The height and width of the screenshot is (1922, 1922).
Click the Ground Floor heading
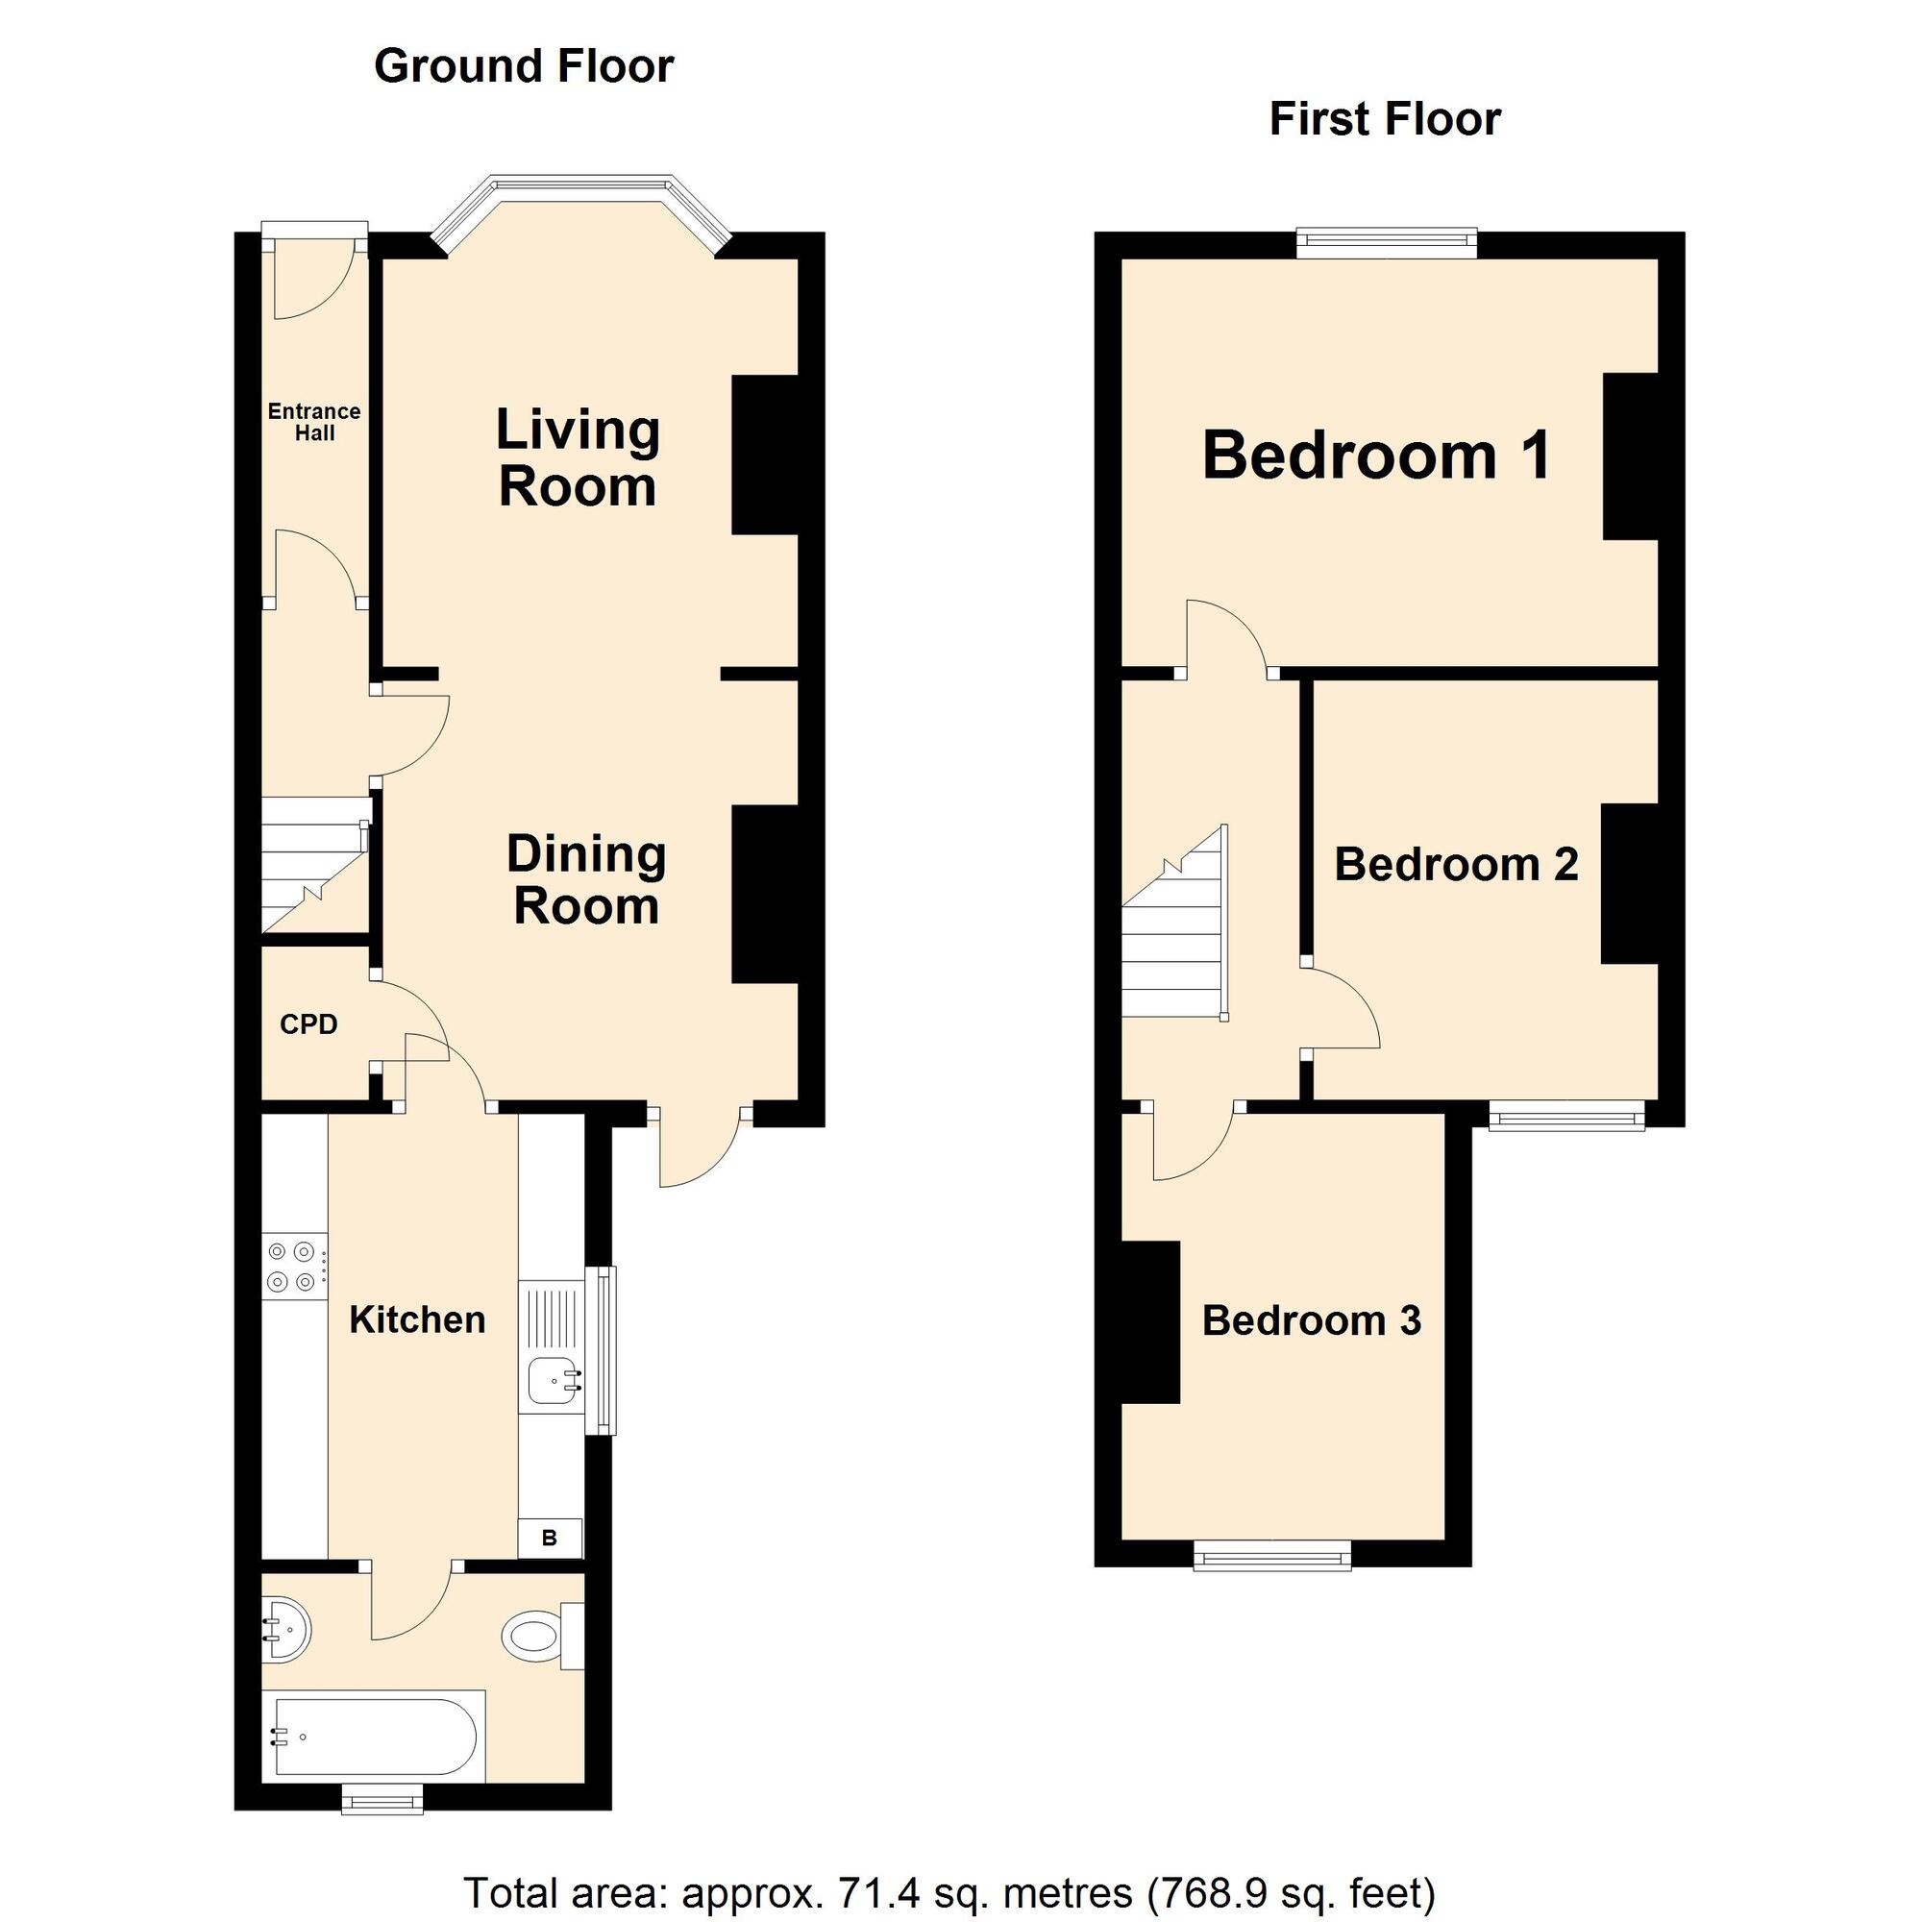[524, 66]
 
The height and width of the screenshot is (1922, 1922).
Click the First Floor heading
[1385, 119]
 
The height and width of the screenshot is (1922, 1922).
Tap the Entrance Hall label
[314, 422]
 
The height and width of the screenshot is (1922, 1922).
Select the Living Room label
[578, 458]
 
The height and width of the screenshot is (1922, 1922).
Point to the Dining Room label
[586, 880]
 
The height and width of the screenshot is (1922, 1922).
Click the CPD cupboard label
[308, 1024]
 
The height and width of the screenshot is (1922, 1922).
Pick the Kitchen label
[418, 1320]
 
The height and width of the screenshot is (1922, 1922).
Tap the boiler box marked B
[550, 1538]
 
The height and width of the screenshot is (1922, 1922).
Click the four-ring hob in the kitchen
[294, 1267]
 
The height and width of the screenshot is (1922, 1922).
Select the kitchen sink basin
[553, 1380]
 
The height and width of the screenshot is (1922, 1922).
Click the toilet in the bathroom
[542, 1636]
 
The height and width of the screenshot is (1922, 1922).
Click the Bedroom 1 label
[1377, 456]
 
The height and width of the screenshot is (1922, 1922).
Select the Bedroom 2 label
[1457, 865]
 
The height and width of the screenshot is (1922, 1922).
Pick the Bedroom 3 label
[1312, 1321]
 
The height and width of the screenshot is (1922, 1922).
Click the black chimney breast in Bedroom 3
[1151, 1323]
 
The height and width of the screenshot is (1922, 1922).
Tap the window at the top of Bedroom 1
[1387, 245]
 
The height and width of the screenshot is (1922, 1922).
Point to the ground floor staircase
[312, 865]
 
